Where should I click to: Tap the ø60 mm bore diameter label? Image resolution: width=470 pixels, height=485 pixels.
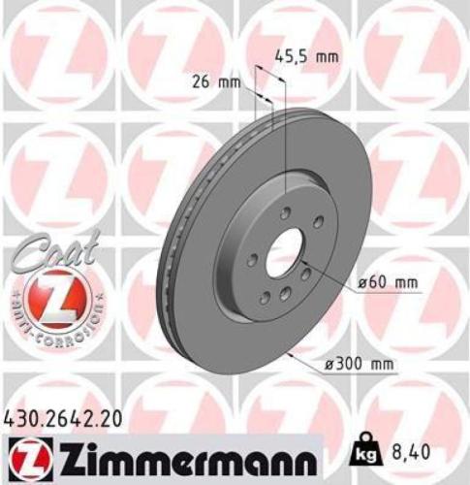387,282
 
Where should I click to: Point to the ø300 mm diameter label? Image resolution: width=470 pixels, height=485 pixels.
360,364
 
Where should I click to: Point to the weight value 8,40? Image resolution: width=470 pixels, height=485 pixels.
411,448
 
